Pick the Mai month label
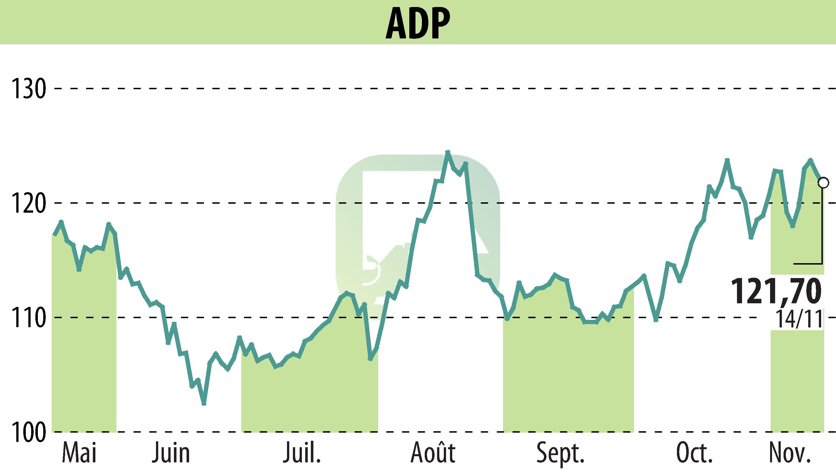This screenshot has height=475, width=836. pyautogui.click(x=79, y=453)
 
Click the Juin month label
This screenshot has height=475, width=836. pyautogui.click(x=171, y=453)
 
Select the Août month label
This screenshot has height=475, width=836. pyautogui.click(x=433, y=453)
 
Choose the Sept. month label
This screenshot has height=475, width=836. pyautogui.click(x=561, y=453)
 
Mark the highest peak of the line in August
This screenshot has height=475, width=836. pyautogui.click(x=447, y=152)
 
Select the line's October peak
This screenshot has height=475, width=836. pyautogui.click(x=727, y=160)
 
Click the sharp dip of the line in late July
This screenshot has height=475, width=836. pyautogui.click(x=370, y=359)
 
